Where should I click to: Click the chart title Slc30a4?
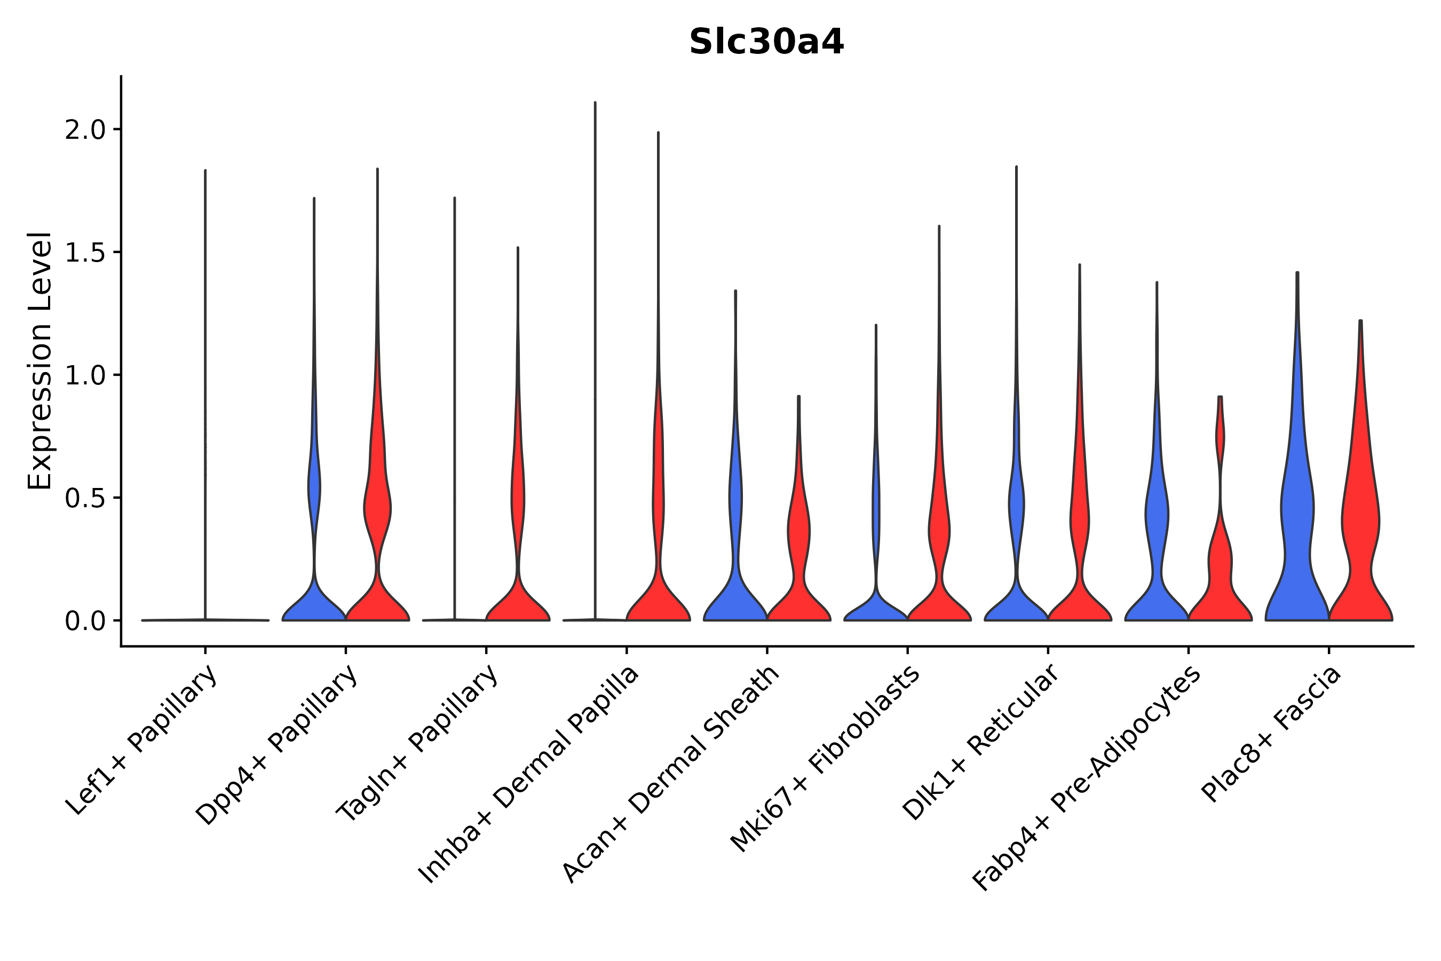click(766, 42)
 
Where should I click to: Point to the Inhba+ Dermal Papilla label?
click(529, 775)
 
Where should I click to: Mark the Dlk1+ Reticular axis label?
click(980, 742)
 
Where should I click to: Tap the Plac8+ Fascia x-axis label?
click(1271, 734)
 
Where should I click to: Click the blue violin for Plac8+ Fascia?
click(1296, 521)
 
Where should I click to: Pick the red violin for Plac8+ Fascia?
click(1359, 521)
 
